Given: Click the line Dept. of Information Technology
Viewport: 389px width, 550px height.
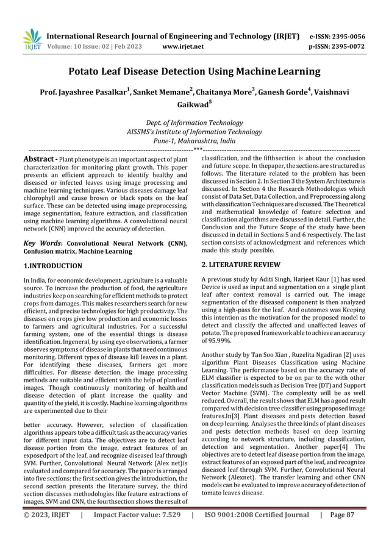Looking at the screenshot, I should click(194, 123).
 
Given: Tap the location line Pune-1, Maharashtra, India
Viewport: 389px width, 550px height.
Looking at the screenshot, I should click(194, 140).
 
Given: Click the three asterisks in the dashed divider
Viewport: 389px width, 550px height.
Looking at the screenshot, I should click(198, 149).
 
